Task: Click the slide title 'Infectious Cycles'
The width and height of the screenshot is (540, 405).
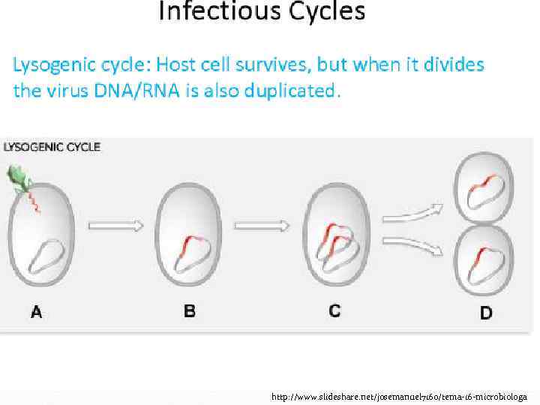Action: click(262, 13)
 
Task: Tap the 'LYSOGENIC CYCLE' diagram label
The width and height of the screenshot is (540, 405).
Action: click(52, 147)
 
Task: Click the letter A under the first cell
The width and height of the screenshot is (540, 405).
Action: click(36, 312)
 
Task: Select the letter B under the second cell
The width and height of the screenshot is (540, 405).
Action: click(190, 310)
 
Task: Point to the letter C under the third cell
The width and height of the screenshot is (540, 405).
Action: click(334, 310)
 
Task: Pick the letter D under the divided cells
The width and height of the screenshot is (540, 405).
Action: click(486, 313)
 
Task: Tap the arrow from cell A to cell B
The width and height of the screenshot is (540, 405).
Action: click(115, 225)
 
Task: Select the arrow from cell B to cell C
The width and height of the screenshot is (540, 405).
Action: click(262, 225)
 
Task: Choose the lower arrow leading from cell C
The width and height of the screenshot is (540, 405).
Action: click(409, 244)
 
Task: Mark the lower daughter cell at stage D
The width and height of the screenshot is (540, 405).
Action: click(484, 259)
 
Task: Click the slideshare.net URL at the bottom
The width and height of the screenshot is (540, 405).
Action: click(399, 396)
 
